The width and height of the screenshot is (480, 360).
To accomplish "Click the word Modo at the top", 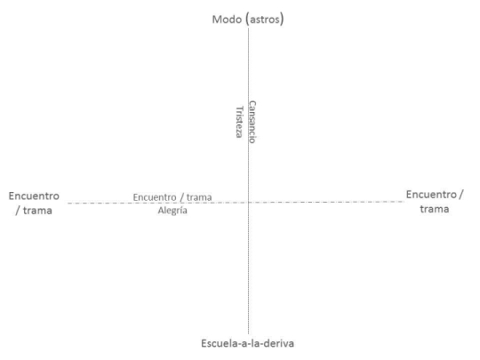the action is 227,20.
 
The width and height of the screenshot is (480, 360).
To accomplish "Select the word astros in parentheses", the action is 265,20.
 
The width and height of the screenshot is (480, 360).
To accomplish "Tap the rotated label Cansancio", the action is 252,122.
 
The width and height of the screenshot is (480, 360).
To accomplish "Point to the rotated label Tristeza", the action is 239,122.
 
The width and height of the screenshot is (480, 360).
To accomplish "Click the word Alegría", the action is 172,211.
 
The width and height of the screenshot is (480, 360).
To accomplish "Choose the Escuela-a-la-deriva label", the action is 247,343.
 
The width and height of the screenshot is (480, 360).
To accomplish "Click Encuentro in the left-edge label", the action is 34,196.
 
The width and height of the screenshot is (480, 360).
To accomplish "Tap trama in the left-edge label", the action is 37,211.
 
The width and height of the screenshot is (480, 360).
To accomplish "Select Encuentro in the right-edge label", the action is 431,195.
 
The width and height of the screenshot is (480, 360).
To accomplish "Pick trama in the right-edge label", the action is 435,209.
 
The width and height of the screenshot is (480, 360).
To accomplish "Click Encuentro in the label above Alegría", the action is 155,197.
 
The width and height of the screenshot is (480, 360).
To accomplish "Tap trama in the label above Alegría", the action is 199,197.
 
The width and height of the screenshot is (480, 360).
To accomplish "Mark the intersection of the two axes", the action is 248,203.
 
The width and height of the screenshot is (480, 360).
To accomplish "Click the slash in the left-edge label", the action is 18,211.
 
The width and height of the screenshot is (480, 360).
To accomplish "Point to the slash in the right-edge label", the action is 461,195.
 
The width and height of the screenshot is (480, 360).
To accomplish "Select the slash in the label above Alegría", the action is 181,197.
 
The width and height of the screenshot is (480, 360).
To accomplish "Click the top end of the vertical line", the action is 248,28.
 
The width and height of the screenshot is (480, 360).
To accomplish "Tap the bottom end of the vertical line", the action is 248,334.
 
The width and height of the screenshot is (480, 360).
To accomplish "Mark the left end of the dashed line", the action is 68,204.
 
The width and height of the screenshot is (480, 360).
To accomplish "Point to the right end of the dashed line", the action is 404,202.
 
